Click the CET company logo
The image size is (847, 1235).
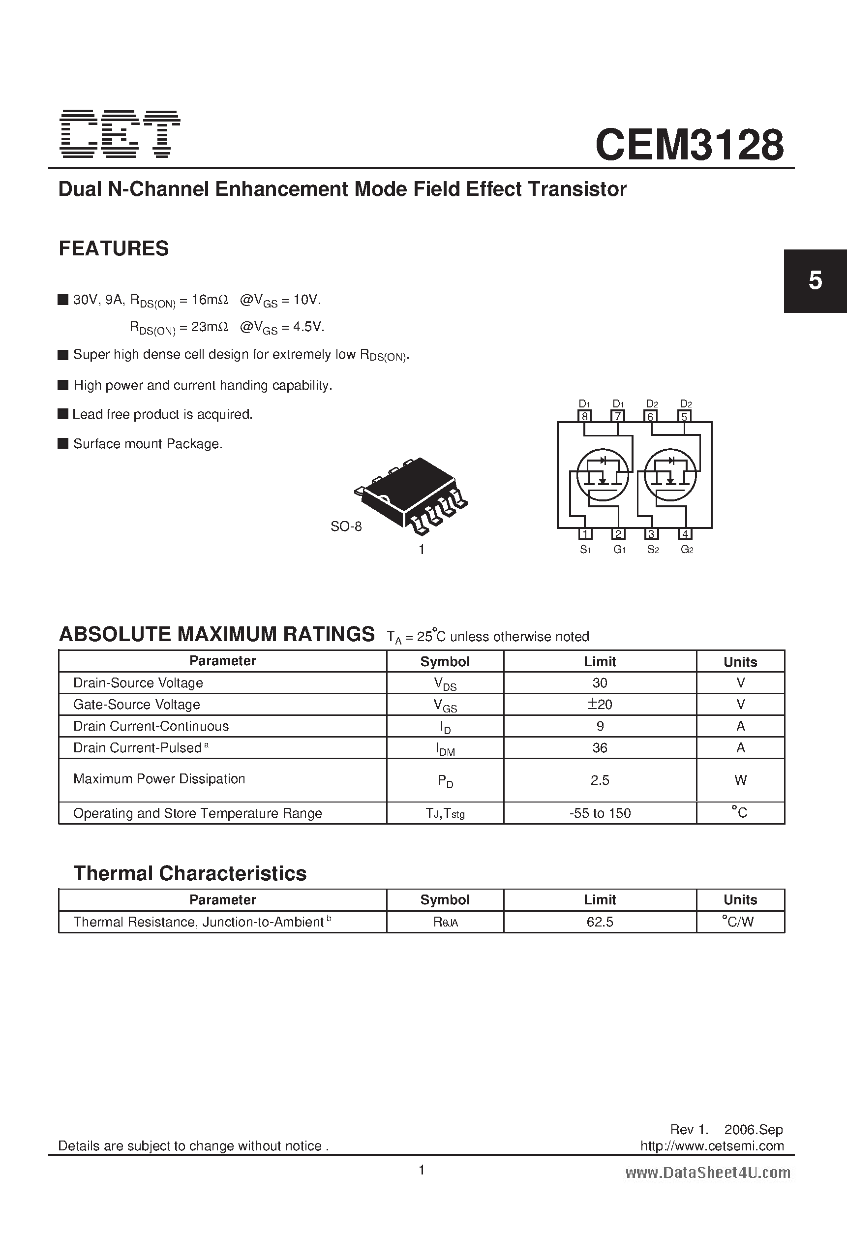[x=120, y=134]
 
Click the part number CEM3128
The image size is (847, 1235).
[x=689, y=145]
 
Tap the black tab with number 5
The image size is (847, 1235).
[x=815, y=280]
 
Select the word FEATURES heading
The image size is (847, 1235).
[x=114, y=248]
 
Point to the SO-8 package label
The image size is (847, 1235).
[x=346, y=526]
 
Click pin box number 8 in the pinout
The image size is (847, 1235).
[x=584, y=416]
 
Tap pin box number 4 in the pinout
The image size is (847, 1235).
[x=686, y=534]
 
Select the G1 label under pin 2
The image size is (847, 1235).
[x=618, y=550]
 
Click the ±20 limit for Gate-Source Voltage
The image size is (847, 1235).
[x=600, y=704]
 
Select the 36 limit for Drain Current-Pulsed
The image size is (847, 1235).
[x=600, y=748]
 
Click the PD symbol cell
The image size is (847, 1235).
[x=445, y=780]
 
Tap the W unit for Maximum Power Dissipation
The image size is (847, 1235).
[x=740, y=780]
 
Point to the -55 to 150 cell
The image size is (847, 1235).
[x=600, y=813]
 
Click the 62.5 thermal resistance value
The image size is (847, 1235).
[x=600, y=922]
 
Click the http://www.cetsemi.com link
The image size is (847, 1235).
[x=712, y=1146]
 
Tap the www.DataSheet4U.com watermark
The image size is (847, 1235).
[x=707, y=1173]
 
